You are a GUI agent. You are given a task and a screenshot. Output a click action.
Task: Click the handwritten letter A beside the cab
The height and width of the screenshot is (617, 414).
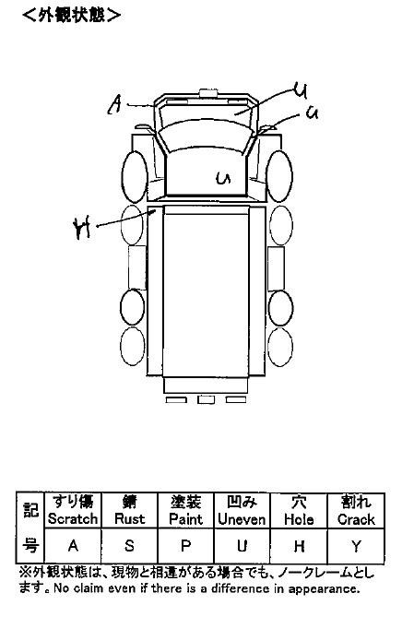tap(114, 104)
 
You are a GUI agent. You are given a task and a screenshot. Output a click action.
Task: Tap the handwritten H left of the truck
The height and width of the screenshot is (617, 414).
tap(82, 229)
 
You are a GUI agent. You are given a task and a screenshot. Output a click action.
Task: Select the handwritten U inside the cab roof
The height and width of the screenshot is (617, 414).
tap(223, 178)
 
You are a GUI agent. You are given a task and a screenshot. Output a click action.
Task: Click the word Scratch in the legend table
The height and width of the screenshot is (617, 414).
tap(73, 519)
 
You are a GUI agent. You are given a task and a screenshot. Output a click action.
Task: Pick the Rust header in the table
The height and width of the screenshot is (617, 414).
tap(129, 519)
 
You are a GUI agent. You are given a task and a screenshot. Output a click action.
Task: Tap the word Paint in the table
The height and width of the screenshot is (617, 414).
tap(185, 519)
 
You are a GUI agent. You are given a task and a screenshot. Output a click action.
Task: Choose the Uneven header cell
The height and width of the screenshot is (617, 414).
tap(242, 510)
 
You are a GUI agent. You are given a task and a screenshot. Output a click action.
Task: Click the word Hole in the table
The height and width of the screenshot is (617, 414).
tap(299, 519)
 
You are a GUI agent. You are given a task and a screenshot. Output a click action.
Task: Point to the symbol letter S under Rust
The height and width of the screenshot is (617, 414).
tap(129, 546)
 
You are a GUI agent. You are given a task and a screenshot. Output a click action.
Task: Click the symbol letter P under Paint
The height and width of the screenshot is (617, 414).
tap(185, 546)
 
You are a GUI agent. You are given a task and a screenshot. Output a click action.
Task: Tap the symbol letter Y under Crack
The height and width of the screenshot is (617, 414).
tap(356, 546)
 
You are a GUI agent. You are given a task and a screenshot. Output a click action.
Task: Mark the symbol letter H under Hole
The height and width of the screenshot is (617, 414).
tap(299, 546)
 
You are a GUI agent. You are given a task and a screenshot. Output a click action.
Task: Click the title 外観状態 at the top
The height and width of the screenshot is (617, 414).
tap(72, 15)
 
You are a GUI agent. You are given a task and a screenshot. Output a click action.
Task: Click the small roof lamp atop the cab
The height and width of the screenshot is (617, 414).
tap(208, 93)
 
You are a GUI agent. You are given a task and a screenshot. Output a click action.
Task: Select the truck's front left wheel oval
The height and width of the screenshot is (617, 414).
tap(135, 177)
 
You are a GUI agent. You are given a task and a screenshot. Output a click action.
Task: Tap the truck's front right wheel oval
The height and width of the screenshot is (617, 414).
tap(279, 176)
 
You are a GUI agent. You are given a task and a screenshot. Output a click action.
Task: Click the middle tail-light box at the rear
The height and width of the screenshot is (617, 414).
tap(206, 399)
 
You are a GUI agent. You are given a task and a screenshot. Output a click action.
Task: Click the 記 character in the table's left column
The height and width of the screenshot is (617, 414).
tap(30, 510)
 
